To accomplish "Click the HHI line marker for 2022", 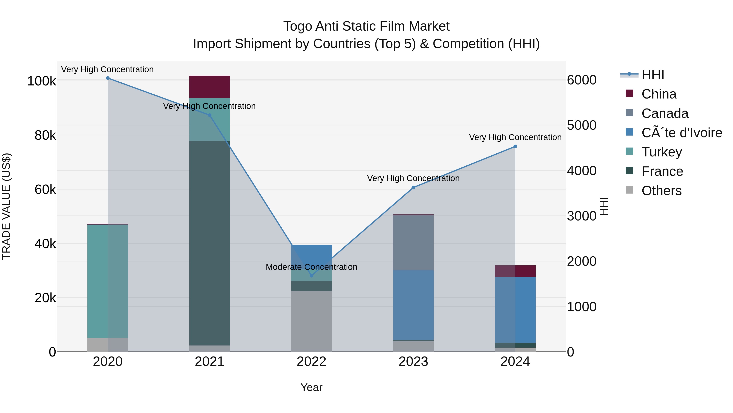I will [311, 276].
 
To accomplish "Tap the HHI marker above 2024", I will [515, 146].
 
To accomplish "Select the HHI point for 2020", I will [108, 78].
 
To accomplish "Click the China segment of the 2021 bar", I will [210, 87].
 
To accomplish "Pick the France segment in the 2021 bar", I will [210, 242].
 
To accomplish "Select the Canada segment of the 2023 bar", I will [413, 242].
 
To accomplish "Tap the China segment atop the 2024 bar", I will [515, 271].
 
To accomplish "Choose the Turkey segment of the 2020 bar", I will [108, 281].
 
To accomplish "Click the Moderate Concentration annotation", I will [311, 267].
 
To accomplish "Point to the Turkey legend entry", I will [662, 152].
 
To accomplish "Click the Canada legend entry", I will [665, 113].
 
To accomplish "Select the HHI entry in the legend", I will [653, 75].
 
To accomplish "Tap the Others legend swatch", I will [629, 190].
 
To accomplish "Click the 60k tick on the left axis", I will [45, 189].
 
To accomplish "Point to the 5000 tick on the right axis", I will [581, 125].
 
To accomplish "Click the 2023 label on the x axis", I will [413, 362].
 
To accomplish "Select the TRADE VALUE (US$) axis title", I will [6, 206].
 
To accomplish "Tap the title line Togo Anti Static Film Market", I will [366, 26].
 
